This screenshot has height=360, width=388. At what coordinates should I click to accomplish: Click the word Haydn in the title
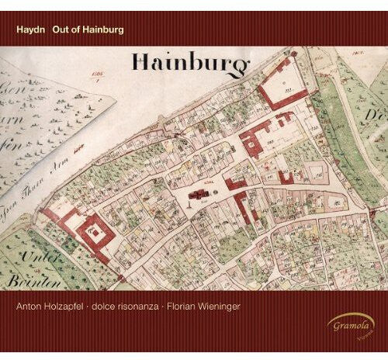point(30,31)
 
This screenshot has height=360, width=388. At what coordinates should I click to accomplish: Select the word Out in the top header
point(61,31)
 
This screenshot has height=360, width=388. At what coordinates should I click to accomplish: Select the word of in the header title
point(78,31)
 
